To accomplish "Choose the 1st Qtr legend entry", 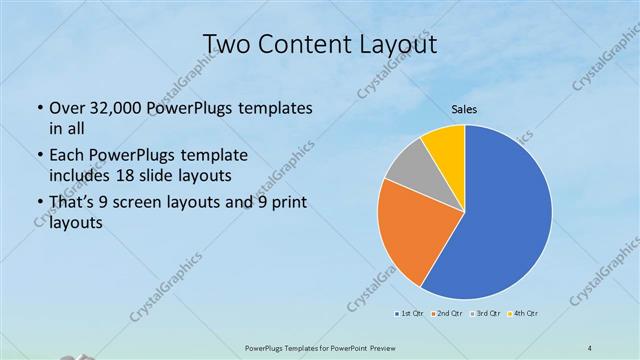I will pos(409,315).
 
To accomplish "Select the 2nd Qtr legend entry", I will pos(446,315).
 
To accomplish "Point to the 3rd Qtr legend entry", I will pos(485,315).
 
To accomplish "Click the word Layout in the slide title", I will pos(397,44).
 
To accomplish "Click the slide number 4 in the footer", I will pos(590,347).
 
